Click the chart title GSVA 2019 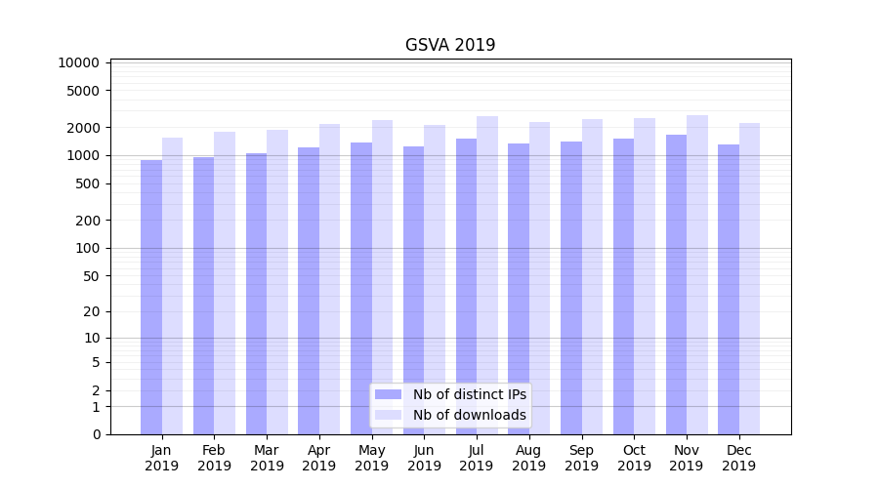pos(450,46)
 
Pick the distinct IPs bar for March pos(256,293)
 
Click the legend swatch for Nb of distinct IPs pos(388,394)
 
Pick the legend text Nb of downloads pos(469,416)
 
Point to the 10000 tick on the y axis pos(79,63)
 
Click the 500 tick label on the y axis pos(87,183)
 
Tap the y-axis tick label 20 pos(91,312)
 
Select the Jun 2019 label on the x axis pos(424,458)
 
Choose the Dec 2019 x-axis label pos(738,458)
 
